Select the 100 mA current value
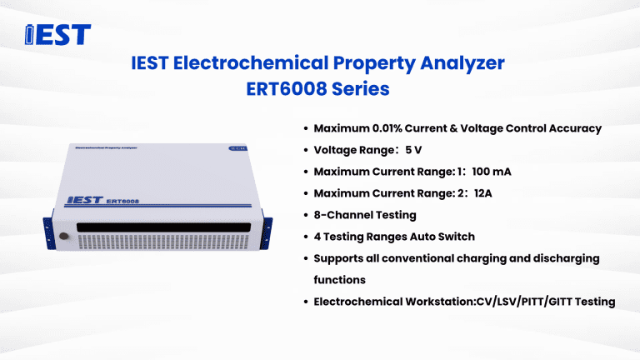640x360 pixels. pos(491,172)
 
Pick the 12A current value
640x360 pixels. pos(484,193)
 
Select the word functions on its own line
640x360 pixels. pos(339,280)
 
